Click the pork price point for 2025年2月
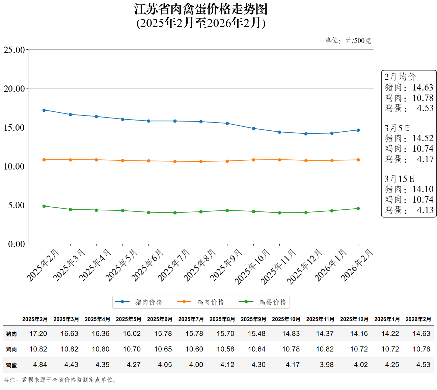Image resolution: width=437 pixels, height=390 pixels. tap(44, 110)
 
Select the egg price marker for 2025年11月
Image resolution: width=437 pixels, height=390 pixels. tap(279, 213)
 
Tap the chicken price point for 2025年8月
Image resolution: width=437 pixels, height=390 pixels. tap(201, 161)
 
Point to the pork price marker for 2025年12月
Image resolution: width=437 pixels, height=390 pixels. tap(306, 134)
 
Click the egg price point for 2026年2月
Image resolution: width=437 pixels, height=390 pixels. tap(358, 208)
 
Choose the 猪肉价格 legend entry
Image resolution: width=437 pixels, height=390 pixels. tap(139, 302)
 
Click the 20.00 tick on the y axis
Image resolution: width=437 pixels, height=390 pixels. tap(14, 89)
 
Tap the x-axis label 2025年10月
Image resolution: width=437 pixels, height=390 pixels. tap(253, 266)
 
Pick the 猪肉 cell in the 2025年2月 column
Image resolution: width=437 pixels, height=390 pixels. tap(38, 334)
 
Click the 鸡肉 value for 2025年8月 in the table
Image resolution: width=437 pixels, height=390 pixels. tap(225, 349)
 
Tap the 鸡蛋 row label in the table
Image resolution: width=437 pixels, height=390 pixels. tap(11, 365)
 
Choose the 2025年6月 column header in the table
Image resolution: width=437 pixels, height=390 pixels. tap(160, 319)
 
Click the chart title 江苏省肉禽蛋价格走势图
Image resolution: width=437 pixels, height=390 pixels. tap(201, 9)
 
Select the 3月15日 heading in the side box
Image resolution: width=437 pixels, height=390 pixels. tap(400, 179)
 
